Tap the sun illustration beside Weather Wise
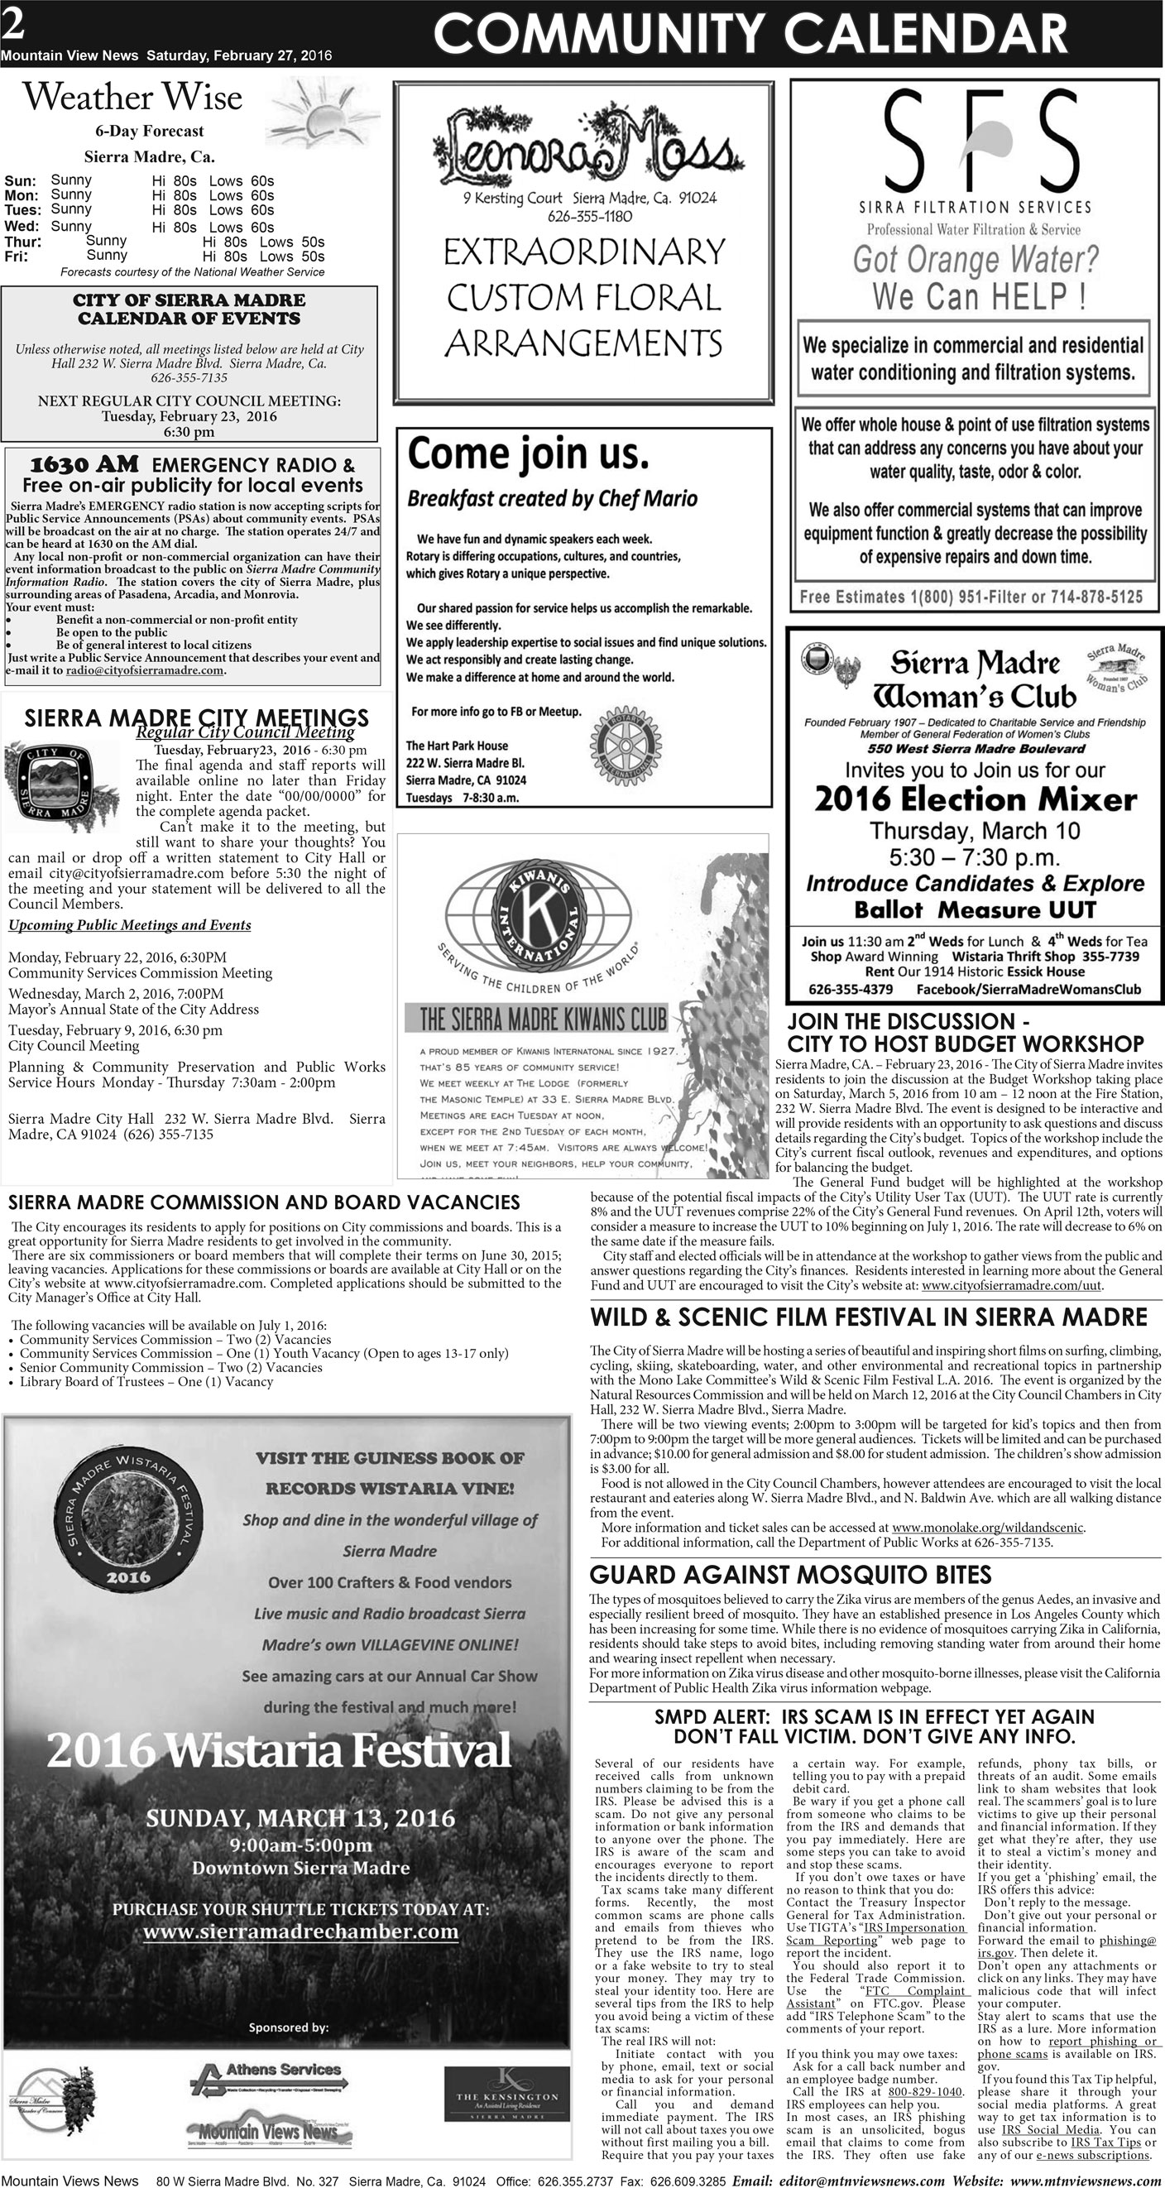point(328,112)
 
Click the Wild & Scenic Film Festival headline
point(869,1317)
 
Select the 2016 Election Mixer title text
point(975,799)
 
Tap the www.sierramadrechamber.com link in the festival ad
point(300,1931)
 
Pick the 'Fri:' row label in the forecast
point(18,257)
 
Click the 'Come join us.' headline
point(527,453)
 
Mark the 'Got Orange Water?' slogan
point(975,258)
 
